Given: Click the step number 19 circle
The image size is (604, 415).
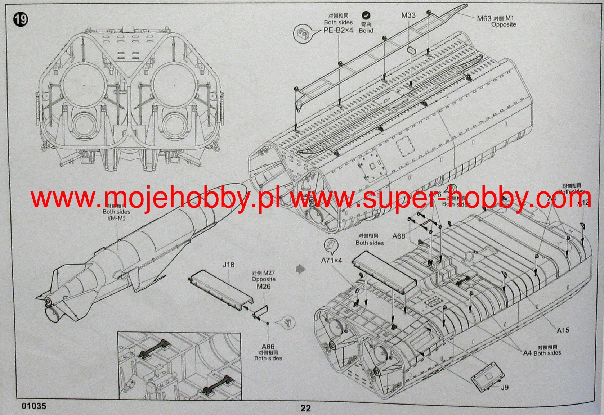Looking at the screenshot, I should click(21, 19).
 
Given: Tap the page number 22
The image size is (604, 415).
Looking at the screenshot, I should click(305, 408).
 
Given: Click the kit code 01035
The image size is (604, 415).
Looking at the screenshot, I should click(34, 406).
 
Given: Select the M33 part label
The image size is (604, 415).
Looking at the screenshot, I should click(408, 15).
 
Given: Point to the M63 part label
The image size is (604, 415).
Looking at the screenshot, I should click(484, 18).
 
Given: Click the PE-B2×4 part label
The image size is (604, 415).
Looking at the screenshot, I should click(338, 30).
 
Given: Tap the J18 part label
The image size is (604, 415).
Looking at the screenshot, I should click(228, 265).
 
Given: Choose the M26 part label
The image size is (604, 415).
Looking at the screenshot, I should click(263, 287).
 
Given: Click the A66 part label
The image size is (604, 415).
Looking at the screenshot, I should click(268, 347).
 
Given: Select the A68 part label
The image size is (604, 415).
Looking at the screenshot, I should click(399, 236).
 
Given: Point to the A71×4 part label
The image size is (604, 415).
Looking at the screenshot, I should click(331, 260).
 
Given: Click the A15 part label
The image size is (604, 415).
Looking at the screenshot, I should click(563, 330).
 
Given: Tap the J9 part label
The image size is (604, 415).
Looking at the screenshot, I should click(504, 387).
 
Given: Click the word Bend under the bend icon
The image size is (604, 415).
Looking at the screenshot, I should click(366, 31).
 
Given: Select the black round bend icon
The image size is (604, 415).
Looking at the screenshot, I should click(366, 15).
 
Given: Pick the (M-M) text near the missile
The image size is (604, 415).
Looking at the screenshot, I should click(116, 218).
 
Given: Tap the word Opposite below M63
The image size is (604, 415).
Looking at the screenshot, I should click(504, 24).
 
